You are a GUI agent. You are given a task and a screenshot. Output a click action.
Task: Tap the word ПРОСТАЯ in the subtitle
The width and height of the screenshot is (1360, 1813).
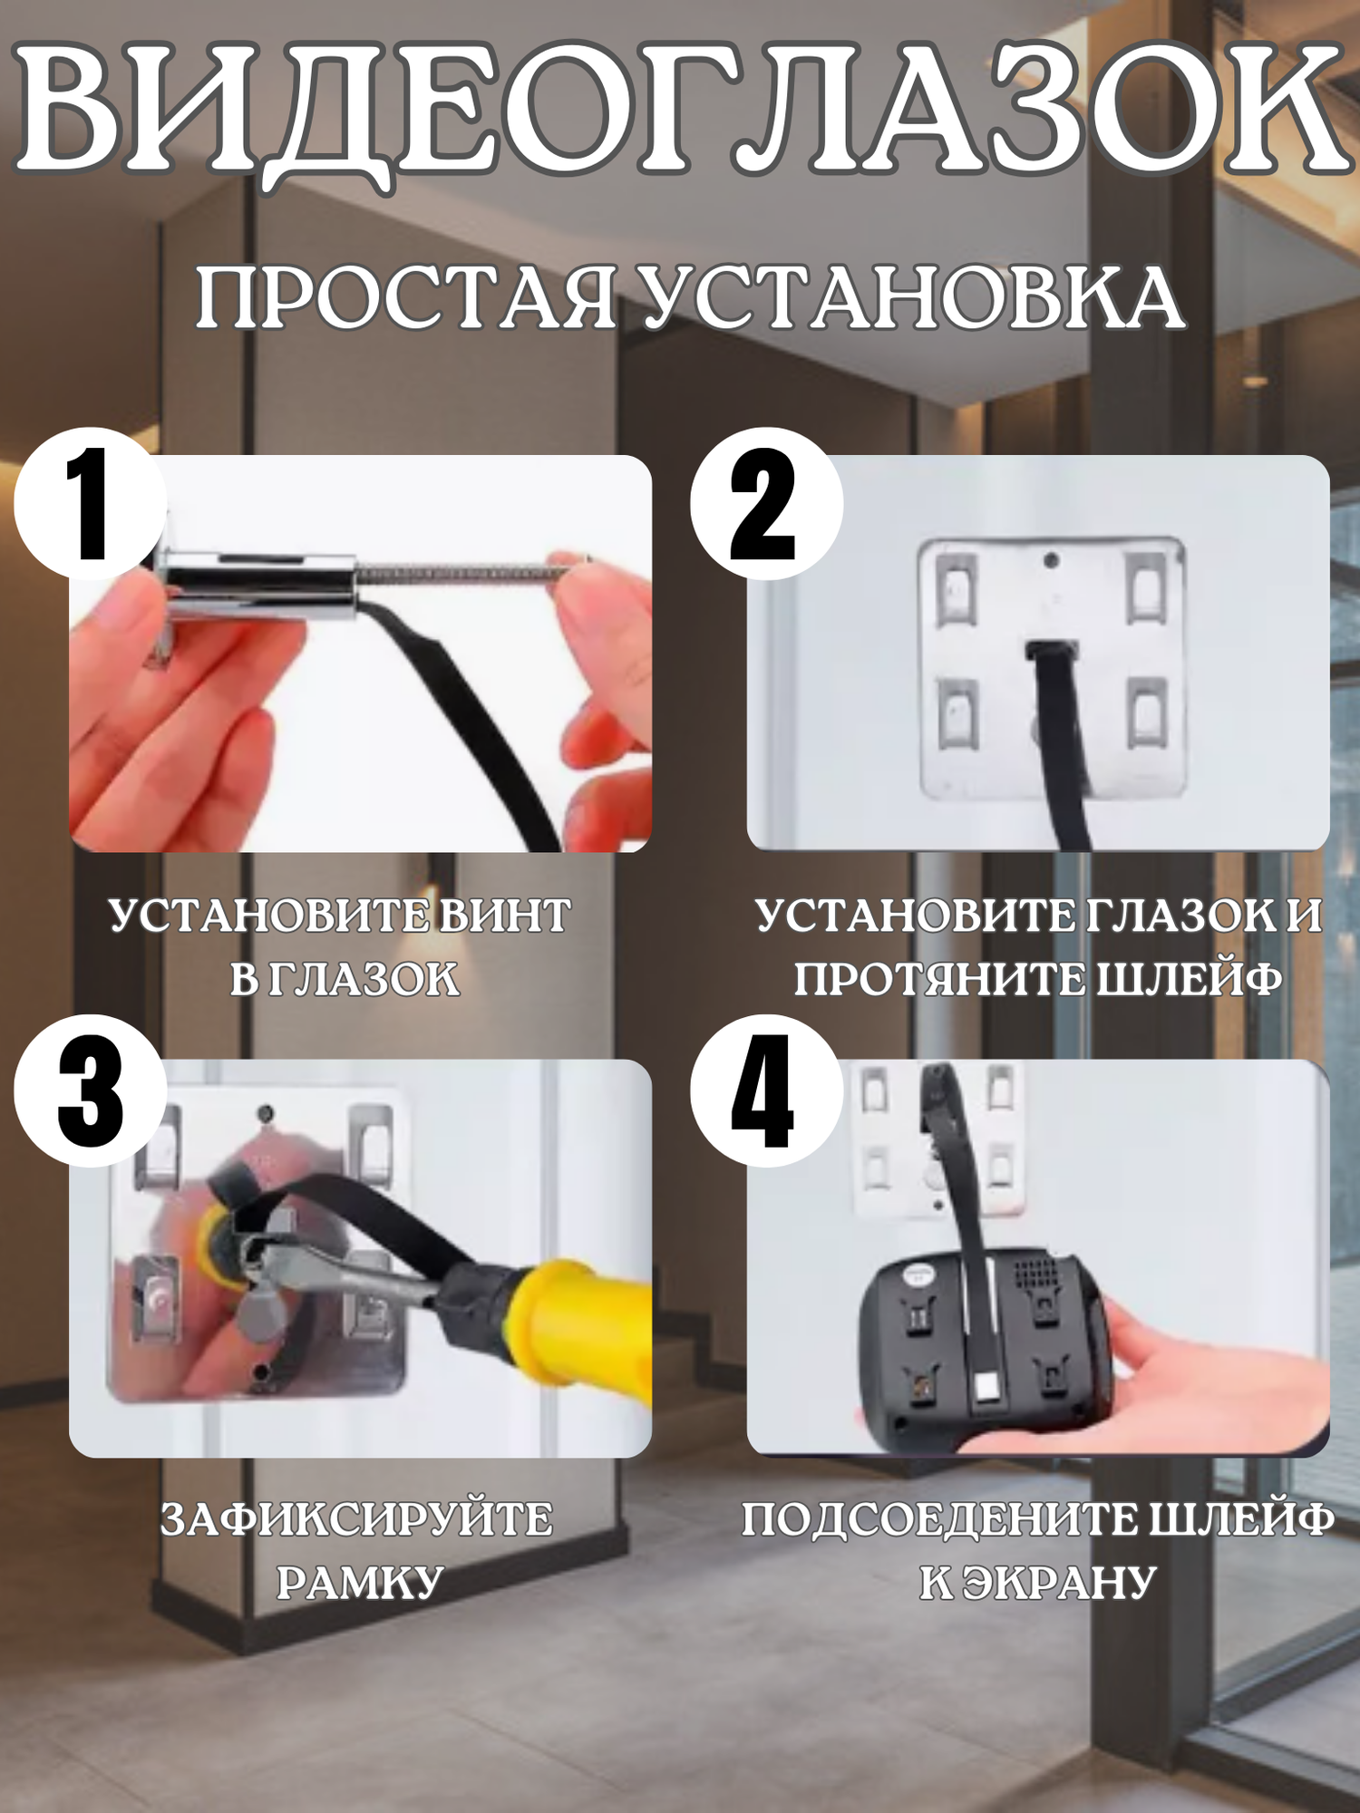pos(407,298)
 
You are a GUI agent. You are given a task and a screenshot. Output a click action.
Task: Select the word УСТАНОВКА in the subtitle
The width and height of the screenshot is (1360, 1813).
pos(912,298)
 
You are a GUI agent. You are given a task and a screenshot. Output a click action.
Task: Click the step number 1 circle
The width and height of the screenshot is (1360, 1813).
pos(91,504)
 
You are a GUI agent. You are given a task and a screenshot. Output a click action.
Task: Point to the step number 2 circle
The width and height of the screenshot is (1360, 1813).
pos(767,504)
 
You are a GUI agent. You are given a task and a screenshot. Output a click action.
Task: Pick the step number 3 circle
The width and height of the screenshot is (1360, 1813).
pos(91,1091)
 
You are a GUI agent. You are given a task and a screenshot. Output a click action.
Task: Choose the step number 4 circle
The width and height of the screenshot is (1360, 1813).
pos(767,1091)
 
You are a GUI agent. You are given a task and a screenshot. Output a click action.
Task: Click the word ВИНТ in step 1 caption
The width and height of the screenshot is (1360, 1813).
pos(505,916)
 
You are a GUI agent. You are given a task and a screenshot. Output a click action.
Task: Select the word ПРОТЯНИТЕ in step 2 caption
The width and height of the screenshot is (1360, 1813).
pos(939,979)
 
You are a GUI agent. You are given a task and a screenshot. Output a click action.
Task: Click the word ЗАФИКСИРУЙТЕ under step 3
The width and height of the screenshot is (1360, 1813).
pos(357,1519)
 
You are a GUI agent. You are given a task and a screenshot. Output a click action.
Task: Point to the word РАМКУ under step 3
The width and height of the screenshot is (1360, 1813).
pos(359,1583)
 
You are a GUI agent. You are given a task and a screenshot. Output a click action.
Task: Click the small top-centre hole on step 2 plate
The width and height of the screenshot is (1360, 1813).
pos(1051,560)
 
